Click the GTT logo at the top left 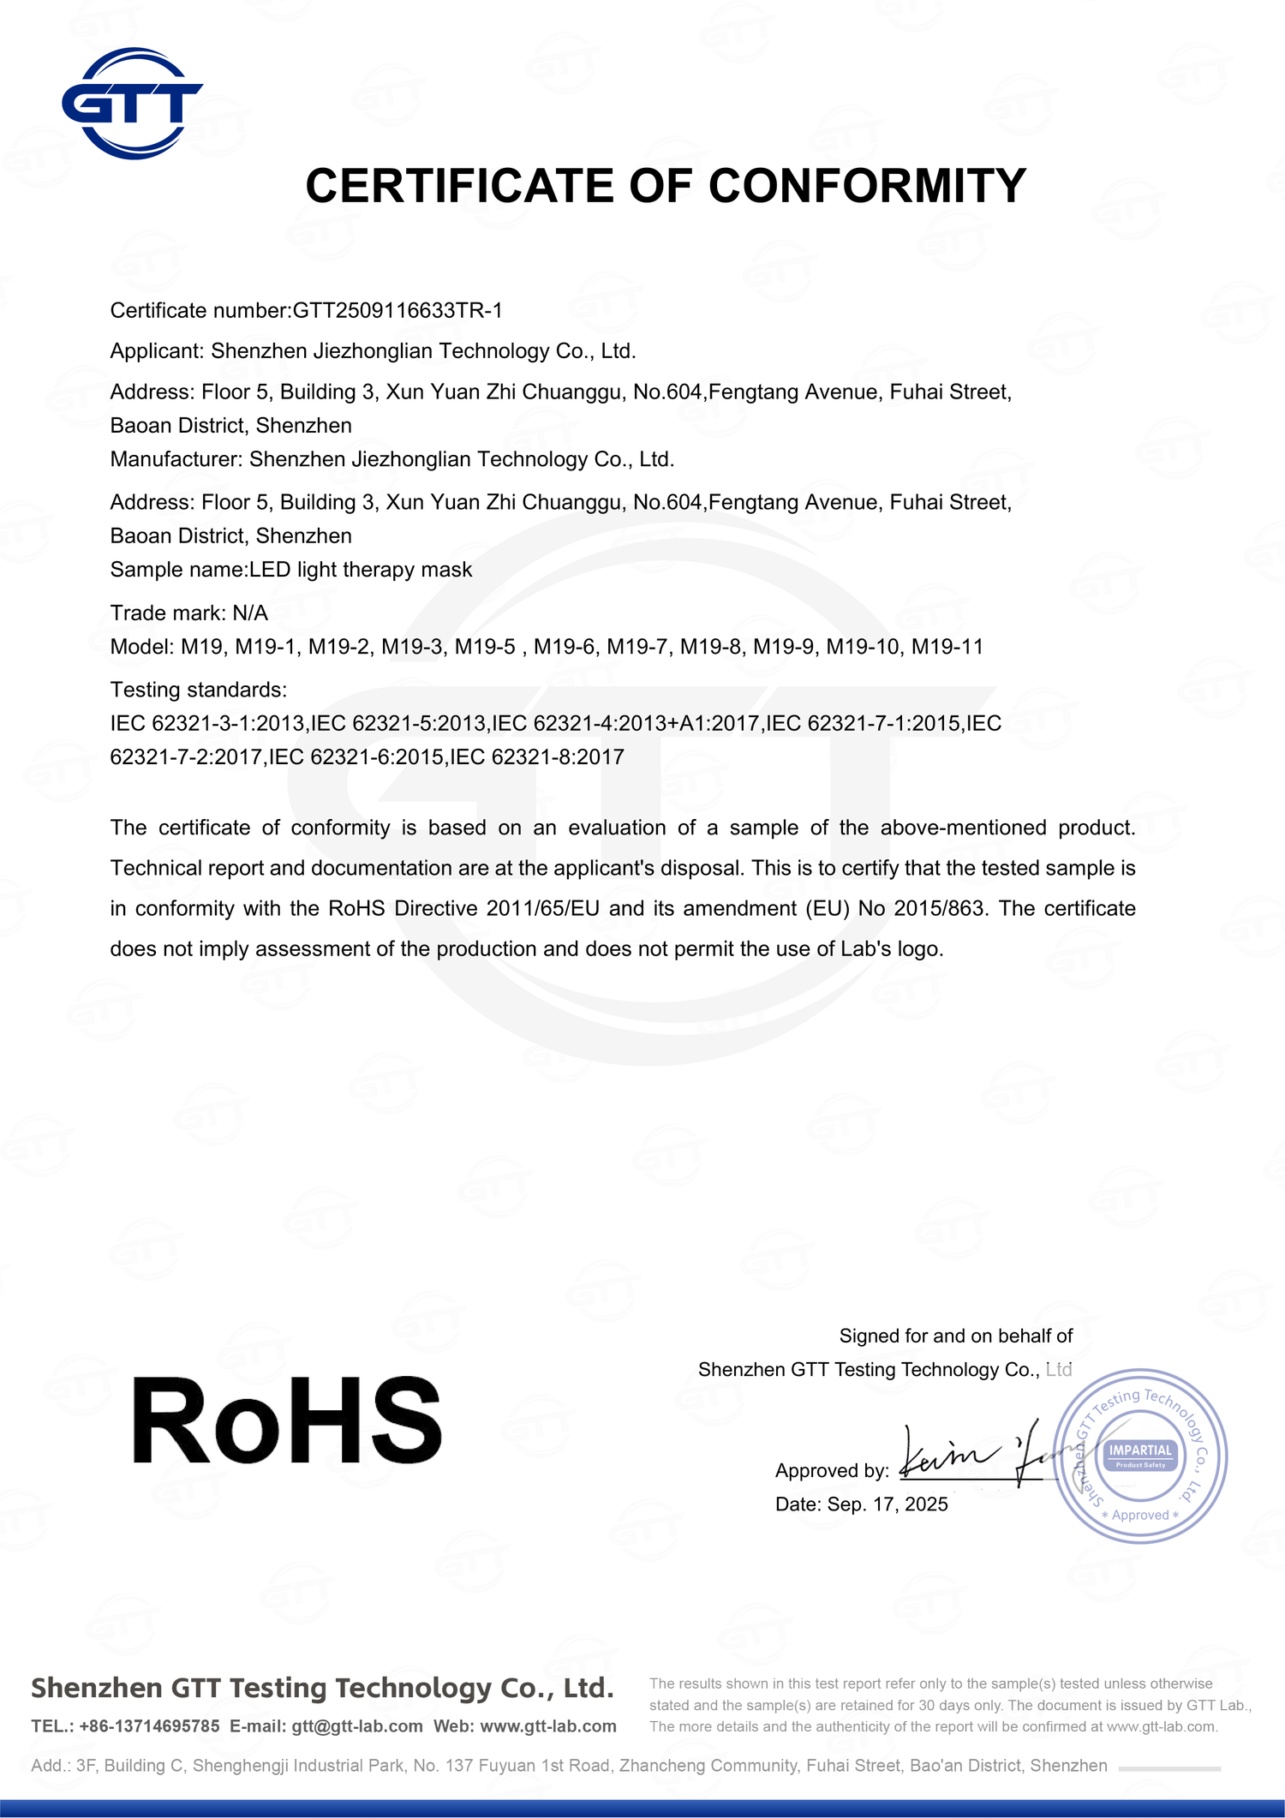132,104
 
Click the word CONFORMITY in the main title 867,186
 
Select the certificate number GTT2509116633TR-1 397,310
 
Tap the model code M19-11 947,647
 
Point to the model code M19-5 485,647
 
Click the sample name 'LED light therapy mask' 361,570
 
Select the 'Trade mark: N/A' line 189,613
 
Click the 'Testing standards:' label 199,690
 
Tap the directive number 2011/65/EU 542,908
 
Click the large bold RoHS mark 287,1423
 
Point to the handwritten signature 977,1456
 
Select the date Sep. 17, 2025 888,1504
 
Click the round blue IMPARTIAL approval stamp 1140,1456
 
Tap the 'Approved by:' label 832,1471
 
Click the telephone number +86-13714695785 149,1726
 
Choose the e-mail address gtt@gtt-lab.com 356,1726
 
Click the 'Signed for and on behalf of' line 955,1336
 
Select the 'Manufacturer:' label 176,459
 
